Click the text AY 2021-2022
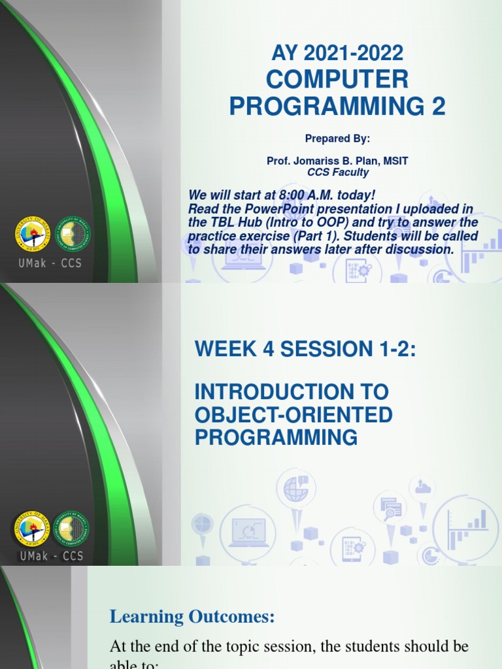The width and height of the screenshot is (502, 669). click(337, 52)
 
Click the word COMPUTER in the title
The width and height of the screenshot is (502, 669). click(337, 80)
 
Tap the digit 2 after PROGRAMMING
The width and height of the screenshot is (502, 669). click(439, 106)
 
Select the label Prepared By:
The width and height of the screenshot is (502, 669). click(337, 139)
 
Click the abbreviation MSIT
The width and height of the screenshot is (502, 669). click(394, 161)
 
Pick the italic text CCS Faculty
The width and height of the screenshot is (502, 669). click(338, 172)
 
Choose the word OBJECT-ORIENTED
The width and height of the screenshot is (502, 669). click(293, 415)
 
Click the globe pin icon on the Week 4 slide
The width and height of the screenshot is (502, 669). click(296, 491)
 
